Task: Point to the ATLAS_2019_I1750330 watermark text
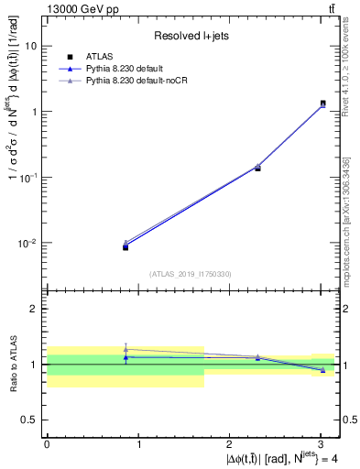[191, 273]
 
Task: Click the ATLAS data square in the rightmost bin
[322, 104]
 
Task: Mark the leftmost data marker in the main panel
[125, 246]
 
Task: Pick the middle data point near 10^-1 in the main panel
[257, 168]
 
